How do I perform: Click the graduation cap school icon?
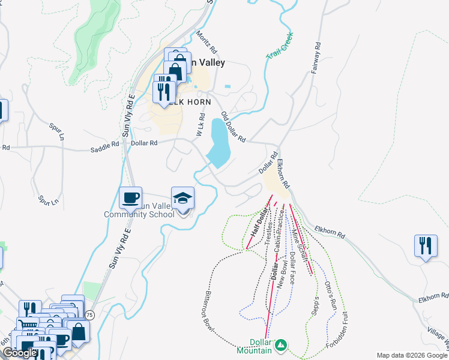(183, 198)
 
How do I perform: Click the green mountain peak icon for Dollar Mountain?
(280, 344)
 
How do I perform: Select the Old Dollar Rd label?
(233, 127)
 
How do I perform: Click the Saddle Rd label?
(104, 145)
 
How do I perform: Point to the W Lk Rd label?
(202, 125)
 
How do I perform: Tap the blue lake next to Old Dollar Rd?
(219, 143)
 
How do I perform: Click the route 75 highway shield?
(89, 314)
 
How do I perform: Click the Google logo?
(19, 353)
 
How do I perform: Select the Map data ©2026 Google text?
(412, 355)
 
